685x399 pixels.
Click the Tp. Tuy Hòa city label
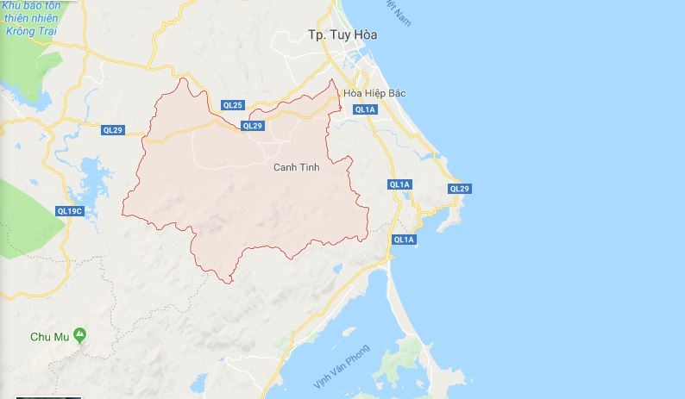(x=342, y=35)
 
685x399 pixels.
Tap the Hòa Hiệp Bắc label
(x=374, y=92)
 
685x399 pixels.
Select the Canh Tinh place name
(x=296, y=167)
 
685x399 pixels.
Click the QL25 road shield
(x=232, y=105)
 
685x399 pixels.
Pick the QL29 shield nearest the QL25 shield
(x=252, y=126)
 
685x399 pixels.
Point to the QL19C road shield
(x=68, y=210)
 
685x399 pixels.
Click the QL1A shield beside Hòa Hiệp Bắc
(x=365, y=109)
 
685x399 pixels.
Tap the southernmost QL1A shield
(x=403, y=240)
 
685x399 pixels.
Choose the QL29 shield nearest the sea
(x=459, y=189)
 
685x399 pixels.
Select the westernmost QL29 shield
(x=112, y=130)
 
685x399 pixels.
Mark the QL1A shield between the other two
(x=399, y=184)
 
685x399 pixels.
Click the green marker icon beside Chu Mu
(x=79, y=333)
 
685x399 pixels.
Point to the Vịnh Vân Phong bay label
(x=341, y=365)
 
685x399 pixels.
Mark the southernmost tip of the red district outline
(x=226, y=283)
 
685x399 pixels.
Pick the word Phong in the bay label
(x=358, y=353)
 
